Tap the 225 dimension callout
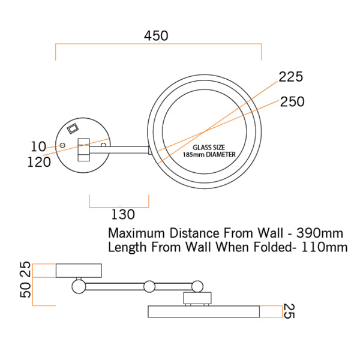click(x=290, y=77)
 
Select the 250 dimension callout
click(x=292, y=102)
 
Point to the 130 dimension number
click(x=122, y=214)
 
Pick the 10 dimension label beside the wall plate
click(x=38, y=146)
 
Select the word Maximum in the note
click(x=136, y=232)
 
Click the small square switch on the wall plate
click(x=73, y=128)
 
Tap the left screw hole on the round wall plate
click(x=61, y=146)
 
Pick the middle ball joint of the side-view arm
click(x=149, y=286)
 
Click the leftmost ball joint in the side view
click(x=78, y=286)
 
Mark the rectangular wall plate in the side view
click(x=79, y=271)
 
